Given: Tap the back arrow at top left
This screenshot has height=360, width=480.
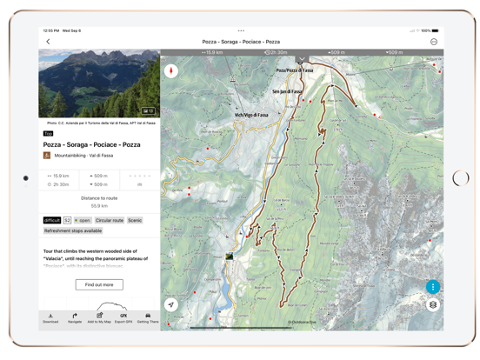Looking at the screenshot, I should tap(48, 42).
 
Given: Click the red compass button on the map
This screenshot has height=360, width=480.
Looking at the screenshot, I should tap(171, 71).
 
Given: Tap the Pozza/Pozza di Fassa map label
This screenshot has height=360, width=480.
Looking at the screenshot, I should tap(294, 70).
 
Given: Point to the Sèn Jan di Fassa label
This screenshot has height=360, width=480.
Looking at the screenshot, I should tap(287, 91).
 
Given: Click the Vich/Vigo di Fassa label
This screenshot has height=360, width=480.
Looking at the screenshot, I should tap(250, 115).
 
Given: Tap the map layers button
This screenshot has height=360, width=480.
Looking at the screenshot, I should tap(432, 305).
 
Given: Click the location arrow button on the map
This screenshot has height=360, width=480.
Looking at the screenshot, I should tap(171, 305).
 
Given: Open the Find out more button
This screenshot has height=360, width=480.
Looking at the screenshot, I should tap(99, 284).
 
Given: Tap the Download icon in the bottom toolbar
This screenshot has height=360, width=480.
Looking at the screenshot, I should tap(50, 318).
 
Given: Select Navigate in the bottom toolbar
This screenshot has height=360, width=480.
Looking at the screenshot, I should tap(75, 318).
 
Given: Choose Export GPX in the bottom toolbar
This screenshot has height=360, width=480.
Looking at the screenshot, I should tap(123, 318).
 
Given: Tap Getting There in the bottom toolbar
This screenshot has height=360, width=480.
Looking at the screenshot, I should tap(148, 318).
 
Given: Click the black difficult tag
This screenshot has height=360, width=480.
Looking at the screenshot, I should tap(52, 221).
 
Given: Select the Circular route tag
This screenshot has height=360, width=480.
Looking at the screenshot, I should tap(110, 221).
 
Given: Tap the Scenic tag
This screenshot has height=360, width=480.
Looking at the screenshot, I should tap(135, 221).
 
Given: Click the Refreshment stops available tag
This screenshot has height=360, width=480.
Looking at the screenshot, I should tap(73, 231).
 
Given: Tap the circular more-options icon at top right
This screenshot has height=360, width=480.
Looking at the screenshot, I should tap(433, 42).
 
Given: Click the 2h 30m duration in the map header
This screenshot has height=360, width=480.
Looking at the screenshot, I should tap(276, 53).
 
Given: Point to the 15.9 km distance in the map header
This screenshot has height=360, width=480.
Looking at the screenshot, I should tap(213, 53).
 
